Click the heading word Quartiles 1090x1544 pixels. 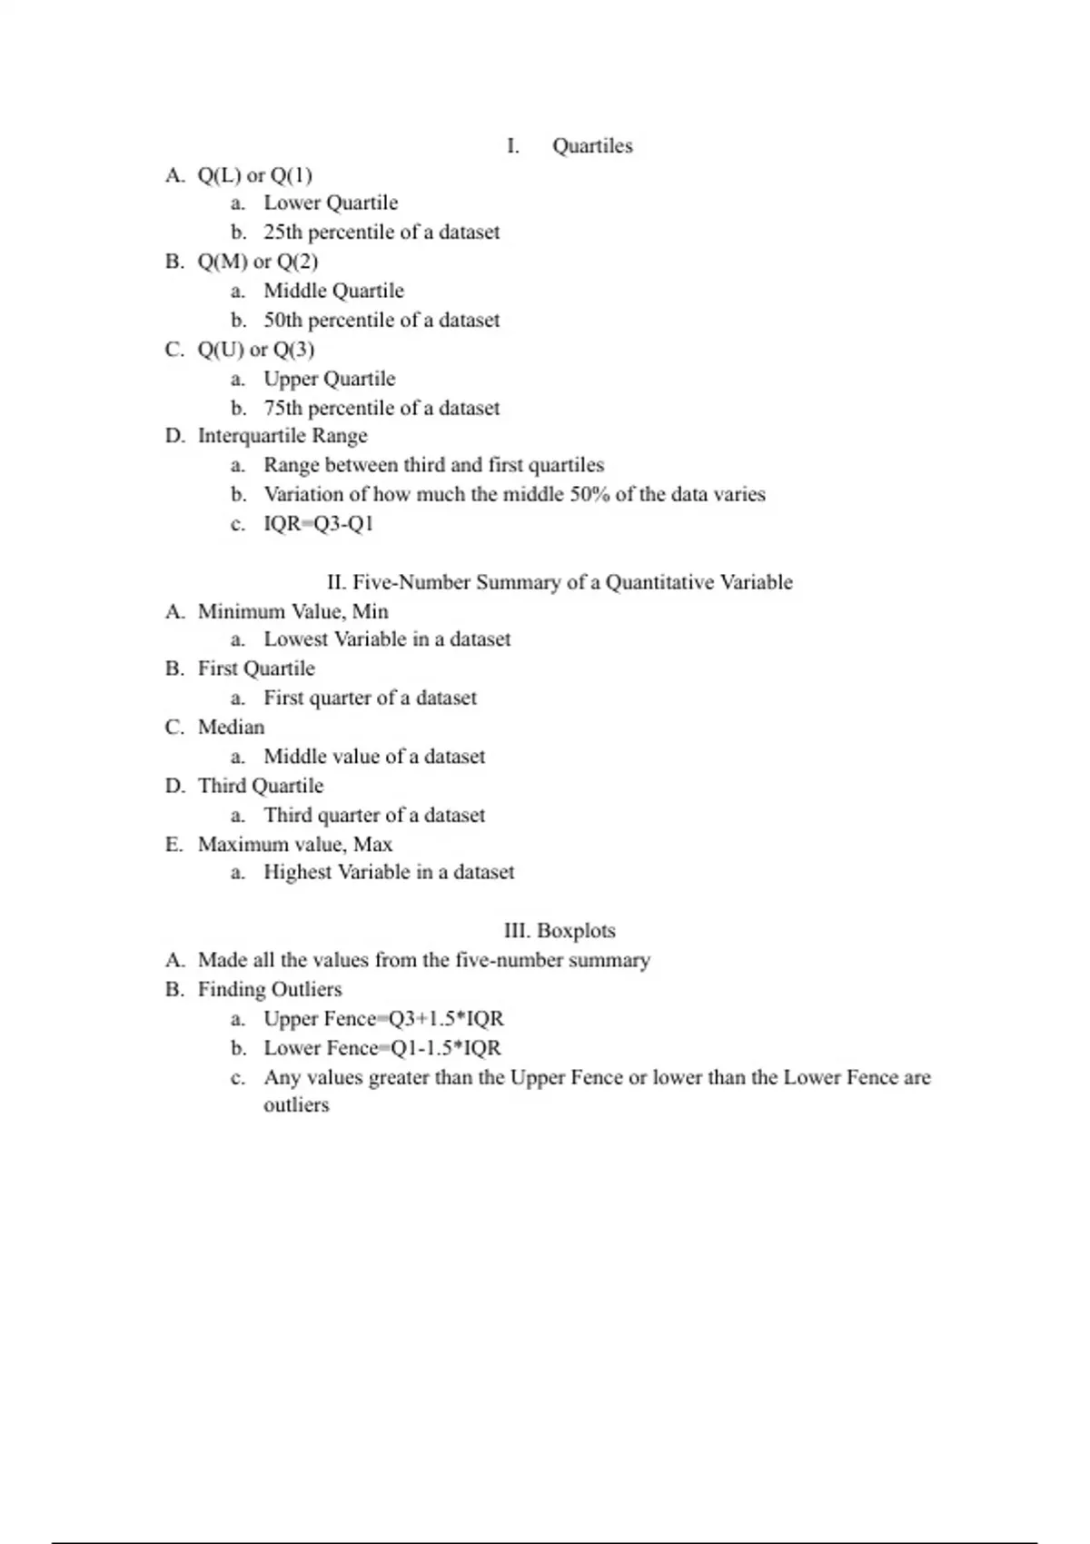pos(592,146)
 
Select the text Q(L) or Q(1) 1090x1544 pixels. pos(255,175)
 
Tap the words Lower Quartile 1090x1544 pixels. pos(331,203)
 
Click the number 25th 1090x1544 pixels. pos(282,233)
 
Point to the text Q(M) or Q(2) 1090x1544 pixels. pos(258,262)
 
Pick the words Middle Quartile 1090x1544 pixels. pos(333,291)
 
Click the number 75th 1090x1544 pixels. pos(282,408)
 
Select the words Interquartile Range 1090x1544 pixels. pos(282,436)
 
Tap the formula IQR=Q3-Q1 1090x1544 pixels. pos(318,524)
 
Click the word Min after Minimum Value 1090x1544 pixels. pos(371,611)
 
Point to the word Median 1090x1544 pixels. pos(232,727)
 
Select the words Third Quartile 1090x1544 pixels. pos(261,786)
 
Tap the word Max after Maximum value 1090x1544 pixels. pos(372,845)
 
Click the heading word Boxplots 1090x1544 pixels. pos(576,931)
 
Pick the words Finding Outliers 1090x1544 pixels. pos(270,989)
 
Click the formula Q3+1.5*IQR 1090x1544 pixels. pos(446,1019)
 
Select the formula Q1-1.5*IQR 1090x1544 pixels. pos(446,1048)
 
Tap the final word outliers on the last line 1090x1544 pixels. pos(296,1105)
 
